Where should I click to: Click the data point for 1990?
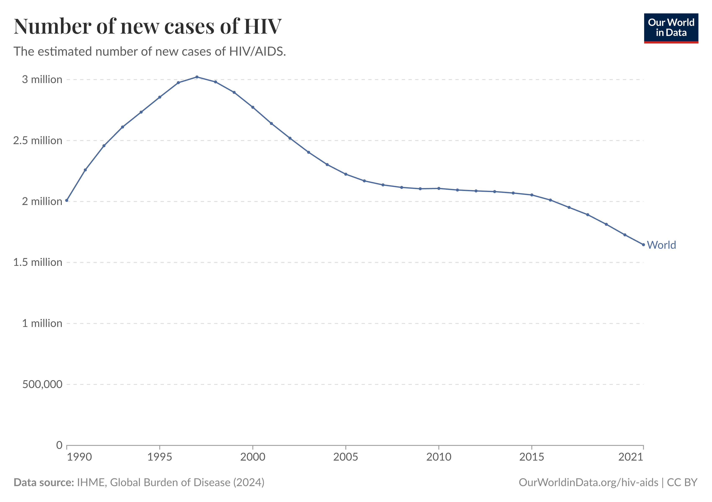(67, 200)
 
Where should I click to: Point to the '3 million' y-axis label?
(42, 80)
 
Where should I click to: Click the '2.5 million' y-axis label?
(37, 141)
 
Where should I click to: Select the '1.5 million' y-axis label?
(37, 262)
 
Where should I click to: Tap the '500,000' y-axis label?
(42, 384)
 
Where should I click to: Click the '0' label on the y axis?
(59, 445)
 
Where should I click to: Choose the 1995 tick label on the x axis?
(160, 457)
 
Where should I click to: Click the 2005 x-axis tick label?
(346, 457)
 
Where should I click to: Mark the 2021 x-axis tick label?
(631, 457)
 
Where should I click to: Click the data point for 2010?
(439, 188)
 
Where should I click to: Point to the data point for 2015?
(532, 195)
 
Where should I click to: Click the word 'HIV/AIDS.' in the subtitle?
(257, 51)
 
